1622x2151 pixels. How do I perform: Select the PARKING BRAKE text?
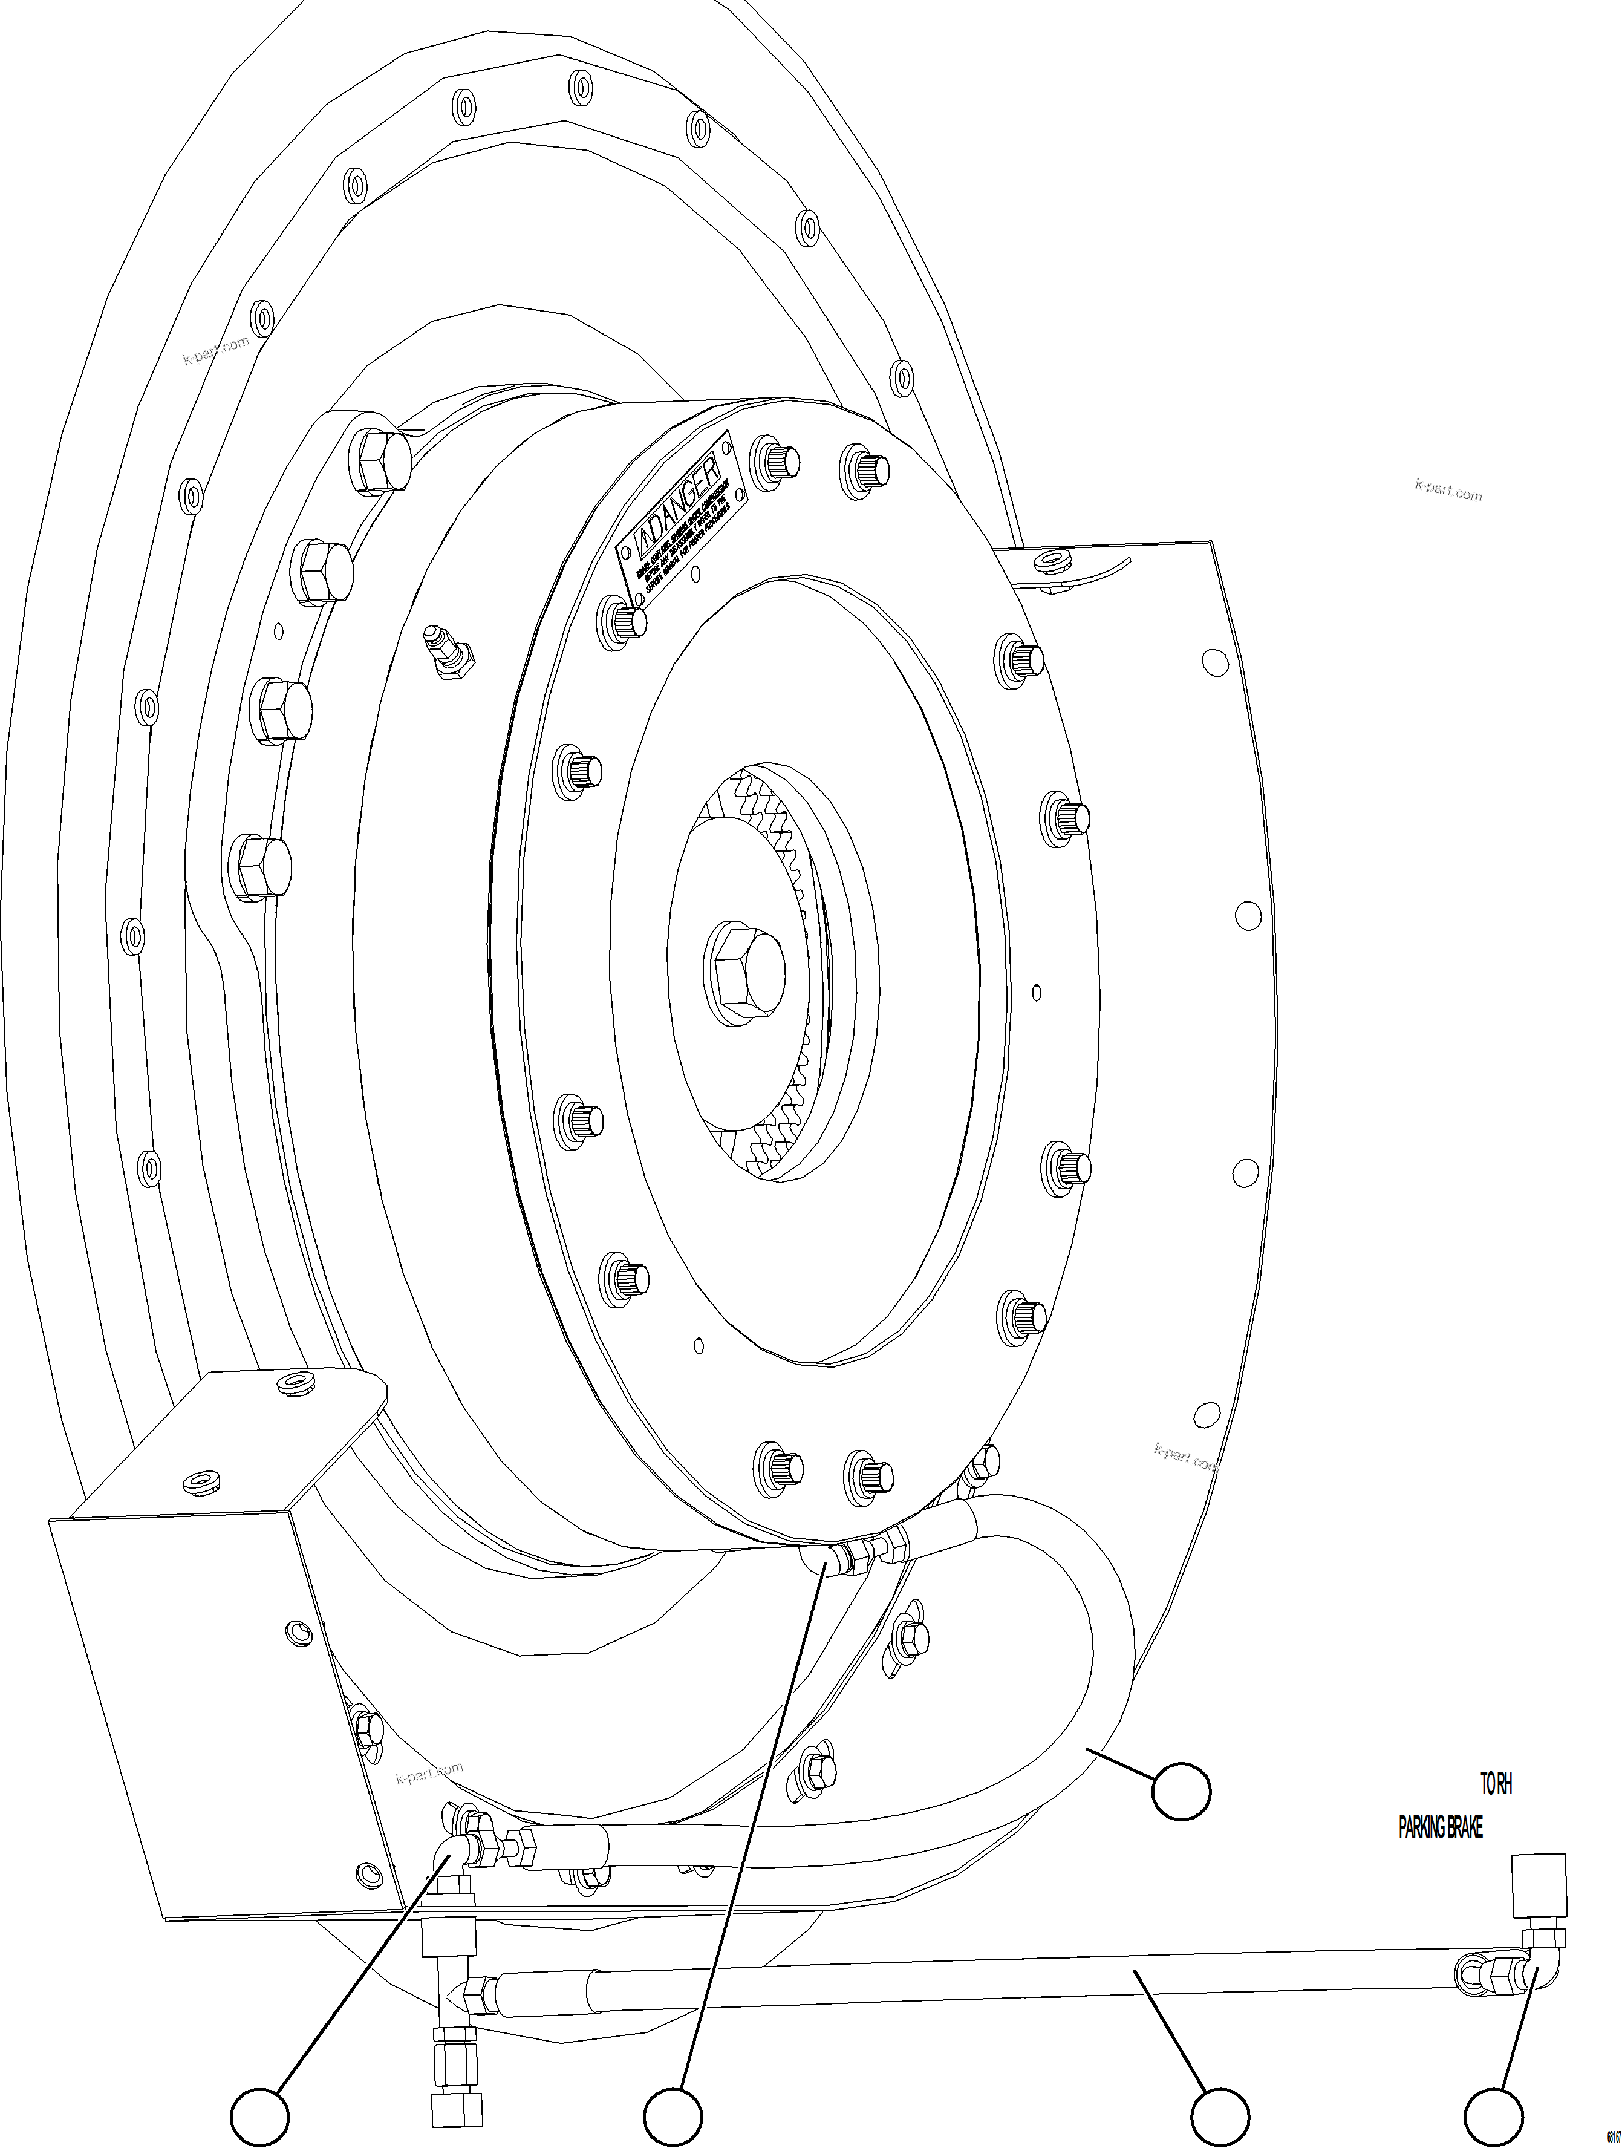[x=1440, y=1828]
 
